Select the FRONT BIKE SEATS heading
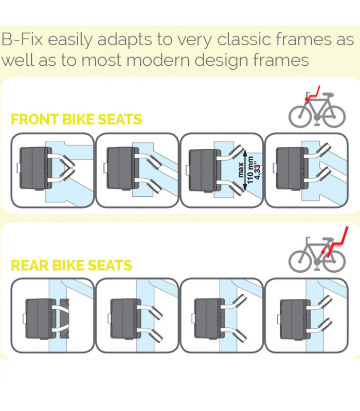pos(76,120)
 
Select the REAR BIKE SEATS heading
pos(71,265)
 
